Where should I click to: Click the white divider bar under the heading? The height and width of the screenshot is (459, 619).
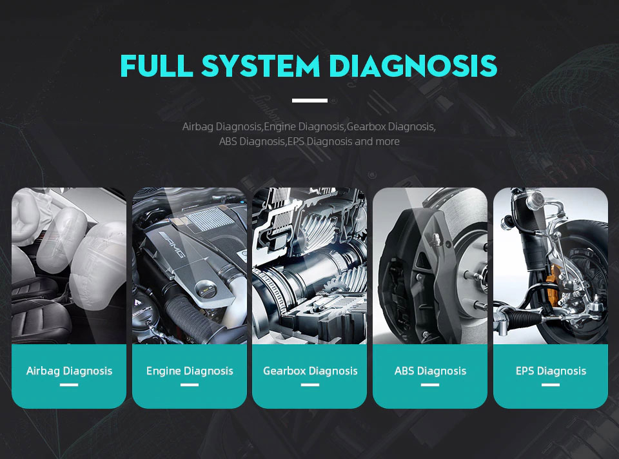[x=309, y=101]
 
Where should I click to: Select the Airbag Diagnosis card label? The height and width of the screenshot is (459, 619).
[x=69, y=371]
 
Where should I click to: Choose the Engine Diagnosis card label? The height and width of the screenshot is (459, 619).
[x=190, y=371]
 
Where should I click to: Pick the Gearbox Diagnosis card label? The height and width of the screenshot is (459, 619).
[x=309, y=371]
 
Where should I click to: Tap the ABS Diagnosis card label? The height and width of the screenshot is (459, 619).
[x=430, y=371]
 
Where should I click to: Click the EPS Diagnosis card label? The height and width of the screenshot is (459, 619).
[x=551, y=371]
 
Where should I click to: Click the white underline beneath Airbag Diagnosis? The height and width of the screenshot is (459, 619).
[x=69, y=385]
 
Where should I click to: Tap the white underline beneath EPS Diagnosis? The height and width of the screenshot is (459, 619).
[x=551, y=385]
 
